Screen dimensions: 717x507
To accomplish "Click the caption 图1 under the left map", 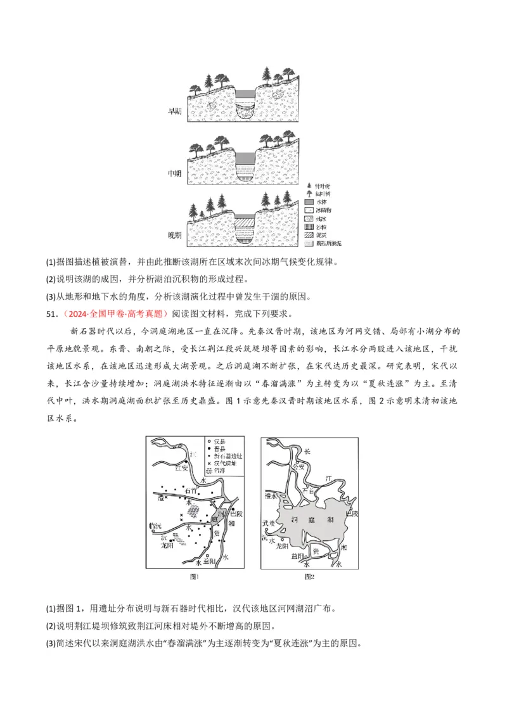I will pos(195,576).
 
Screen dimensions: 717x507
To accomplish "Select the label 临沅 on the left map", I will pos(155,526).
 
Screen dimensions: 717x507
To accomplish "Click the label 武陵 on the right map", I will pos(269,523).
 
